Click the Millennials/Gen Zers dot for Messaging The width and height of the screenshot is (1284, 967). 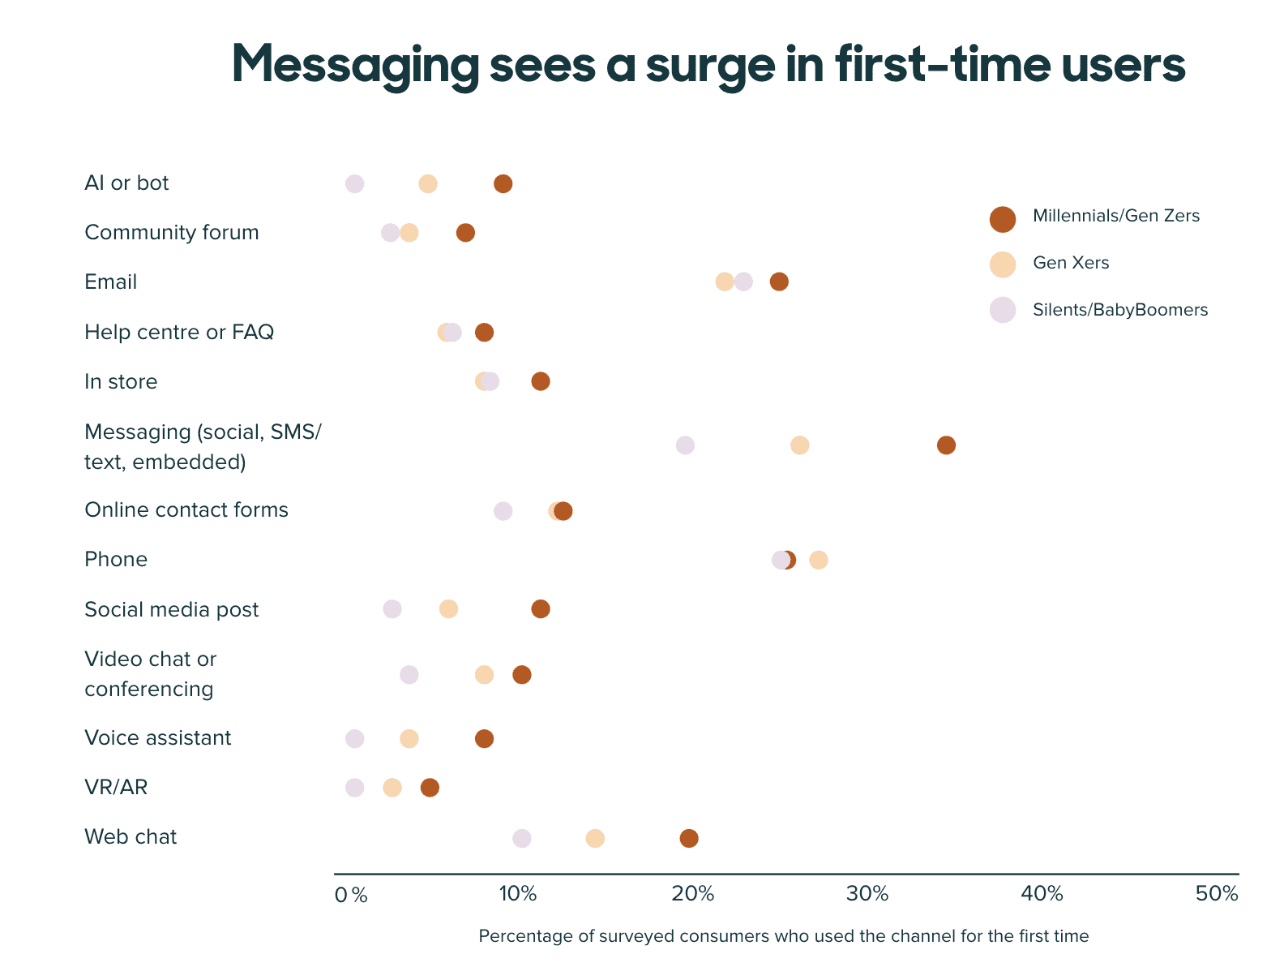[946, 445]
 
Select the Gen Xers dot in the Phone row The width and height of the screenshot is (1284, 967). [819, 561]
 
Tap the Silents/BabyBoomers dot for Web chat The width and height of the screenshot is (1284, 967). [522, 839]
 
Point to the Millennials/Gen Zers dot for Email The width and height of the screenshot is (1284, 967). [779, 282]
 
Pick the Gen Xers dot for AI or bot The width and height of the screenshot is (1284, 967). [428, 184]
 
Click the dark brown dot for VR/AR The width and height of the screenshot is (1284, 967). [430, 788]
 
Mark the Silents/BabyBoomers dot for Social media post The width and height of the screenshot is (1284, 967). [392, 609]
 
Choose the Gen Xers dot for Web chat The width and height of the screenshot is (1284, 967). [595, 839]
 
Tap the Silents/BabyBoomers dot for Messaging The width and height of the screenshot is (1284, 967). [685, 445]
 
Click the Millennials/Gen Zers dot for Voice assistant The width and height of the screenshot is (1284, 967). [484, 739]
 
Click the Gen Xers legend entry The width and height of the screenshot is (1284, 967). [1070, 263]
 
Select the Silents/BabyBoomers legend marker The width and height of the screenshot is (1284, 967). [1003, 310]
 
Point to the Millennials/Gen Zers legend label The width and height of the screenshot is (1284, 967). [1116, 216]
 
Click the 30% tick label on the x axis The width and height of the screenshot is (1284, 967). [867, 895]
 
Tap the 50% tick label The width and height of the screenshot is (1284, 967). [1218, 895]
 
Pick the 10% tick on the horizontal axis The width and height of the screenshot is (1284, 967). [518, 895]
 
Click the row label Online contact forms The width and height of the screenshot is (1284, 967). [186, 510]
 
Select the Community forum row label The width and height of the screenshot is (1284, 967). [172, 233]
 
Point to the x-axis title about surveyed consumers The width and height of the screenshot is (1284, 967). [783, 936]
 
